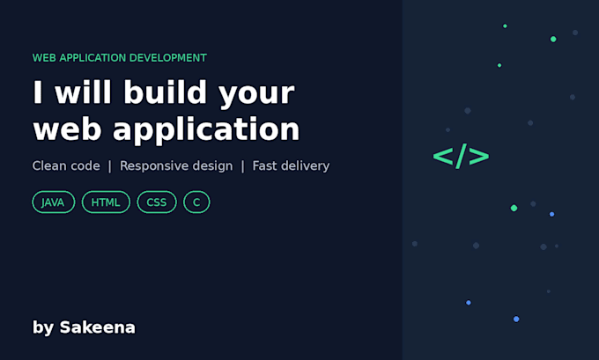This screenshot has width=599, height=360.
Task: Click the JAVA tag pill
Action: (x=54, y=202)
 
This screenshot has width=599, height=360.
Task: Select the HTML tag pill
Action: (x=106, y=202)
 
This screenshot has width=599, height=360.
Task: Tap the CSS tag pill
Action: (x=157, y=202)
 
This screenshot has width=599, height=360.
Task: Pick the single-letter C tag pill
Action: (x=196, y=202)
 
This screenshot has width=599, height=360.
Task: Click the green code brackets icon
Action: (x=461, y=156)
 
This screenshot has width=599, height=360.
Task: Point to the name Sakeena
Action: (x=98, y=327)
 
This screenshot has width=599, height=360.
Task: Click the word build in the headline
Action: (x=165, y=92)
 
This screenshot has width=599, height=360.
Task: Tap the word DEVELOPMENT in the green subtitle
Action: (x=167, y=57)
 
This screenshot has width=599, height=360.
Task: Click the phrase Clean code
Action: (x=66, y=165)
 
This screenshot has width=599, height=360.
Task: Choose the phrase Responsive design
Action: (x=176, y=166)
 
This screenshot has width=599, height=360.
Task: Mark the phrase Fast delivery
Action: (x=291, y=166)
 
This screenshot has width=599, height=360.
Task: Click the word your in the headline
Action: (x=256, y=95)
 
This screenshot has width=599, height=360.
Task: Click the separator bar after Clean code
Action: (x=109, y=166)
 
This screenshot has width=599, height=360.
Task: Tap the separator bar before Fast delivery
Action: (x=242, y=166)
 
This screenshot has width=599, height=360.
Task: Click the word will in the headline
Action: (x=84, y=92)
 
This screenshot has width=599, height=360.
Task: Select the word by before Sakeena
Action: (x=43, y=328)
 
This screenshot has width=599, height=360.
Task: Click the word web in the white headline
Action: (x=67, y=129)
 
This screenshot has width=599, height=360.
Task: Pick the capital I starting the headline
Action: (x=37, y=92)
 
